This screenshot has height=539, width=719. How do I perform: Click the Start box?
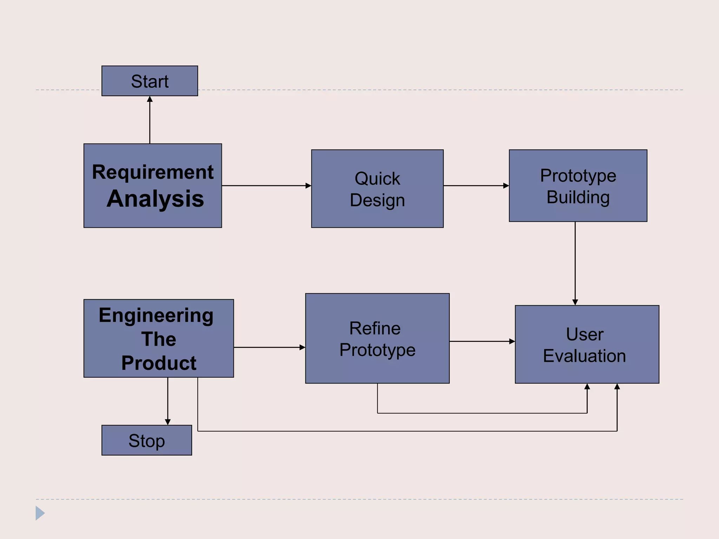point(150,81)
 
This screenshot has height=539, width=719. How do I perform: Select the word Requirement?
point(153,172)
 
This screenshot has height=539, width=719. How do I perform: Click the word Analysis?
point(155,199)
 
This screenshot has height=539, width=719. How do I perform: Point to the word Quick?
point(377,178)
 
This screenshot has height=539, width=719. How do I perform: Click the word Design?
point(377,200)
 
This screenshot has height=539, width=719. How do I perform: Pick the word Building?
point(578,197)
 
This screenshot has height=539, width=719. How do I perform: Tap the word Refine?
point(375,328)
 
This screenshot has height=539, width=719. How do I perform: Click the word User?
point(585,334)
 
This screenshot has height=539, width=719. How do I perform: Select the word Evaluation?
point(584,356)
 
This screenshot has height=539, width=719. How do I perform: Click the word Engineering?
point(156,315)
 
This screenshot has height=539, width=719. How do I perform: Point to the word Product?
point(159,363)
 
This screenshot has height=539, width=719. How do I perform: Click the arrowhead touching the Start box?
point(150,99)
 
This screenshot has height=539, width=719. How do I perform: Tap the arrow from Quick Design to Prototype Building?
point(476,186)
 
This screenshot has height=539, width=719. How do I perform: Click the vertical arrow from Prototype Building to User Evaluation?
point(575,263)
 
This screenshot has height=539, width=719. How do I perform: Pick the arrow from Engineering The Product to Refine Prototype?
point(269,347)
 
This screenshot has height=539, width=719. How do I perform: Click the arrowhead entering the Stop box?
point(168,421)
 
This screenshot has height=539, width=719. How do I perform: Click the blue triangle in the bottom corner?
point(40,513)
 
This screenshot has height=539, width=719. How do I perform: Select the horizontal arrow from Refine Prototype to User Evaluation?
point(482,341)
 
